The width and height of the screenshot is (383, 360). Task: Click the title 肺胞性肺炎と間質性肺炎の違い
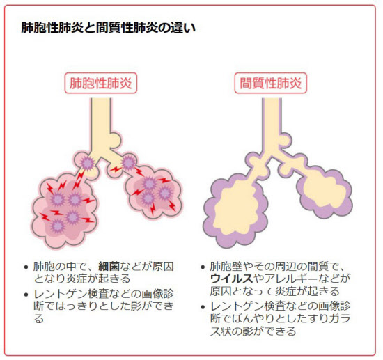click(109, 28)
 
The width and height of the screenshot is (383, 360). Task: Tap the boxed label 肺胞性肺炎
click(101, 83)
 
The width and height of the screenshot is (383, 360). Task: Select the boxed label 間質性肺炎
click(271, 83)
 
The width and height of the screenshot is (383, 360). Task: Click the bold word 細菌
click(109, 267)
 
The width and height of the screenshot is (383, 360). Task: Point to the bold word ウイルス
click(232, 279)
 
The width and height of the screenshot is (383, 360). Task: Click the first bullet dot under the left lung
click(26, 267)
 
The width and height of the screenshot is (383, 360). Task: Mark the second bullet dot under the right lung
click(203, 307)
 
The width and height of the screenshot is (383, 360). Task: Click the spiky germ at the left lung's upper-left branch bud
click(87, 163)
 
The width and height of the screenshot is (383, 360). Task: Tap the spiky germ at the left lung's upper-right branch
click(128, 162)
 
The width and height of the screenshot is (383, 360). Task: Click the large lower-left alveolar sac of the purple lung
click(235, 210)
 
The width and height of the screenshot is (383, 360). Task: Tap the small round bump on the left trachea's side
click(116, 140)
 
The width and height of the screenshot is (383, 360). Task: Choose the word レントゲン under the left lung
click(61, 294)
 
